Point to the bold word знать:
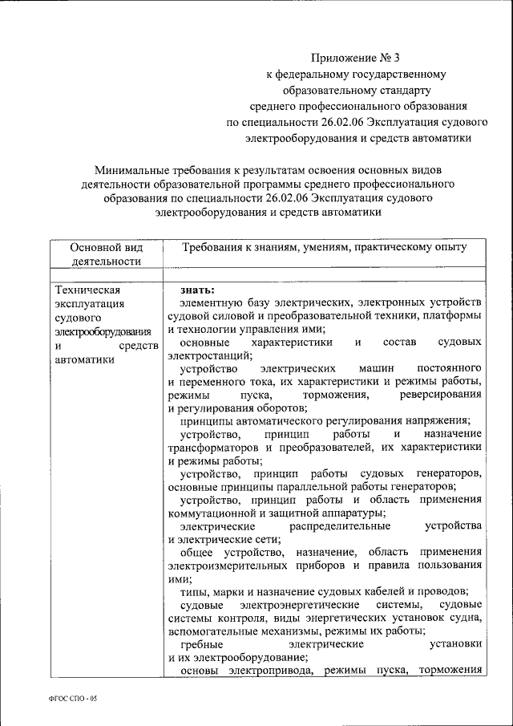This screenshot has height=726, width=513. point(196,290)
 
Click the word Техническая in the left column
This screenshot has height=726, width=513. point(87,290)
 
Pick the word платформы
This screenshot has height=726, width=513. point(453,316)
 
